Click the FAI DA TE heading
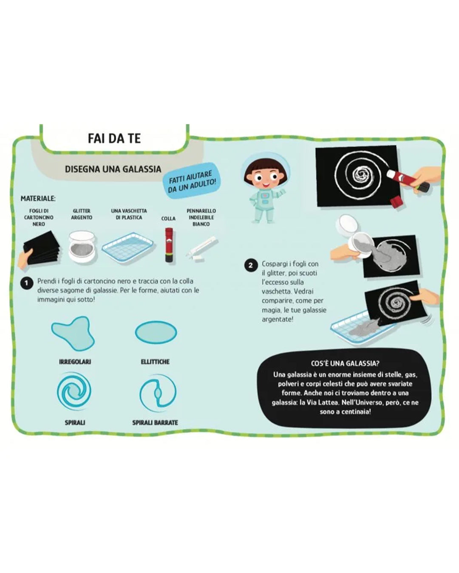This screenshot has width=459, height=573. (x=114, y=138)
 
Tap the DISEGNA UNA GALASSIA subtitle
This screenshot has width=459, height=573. (x=113, y=169)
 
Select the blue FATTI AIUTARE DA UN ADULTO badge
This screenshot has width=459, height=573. (x=192, y=181)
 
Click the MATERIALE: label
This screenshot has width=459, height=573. (x=38, y=198)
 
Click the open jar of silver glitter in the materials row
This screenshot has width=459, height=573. (x=82, y=246)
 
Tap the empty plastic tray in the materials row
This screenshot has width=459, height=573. (x=128, y=248)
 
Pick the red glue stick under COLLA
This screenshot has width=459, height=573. (x=169, y=245)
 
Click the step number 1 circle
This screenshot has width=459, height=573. (x=26, y=283)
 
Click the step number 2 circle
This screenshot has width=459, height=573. (x=250, y=265)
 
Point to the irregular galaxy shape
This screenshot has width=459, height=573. (x=73, y=333)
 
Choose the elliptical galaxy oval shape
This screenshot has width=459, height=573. (x=156, y=332)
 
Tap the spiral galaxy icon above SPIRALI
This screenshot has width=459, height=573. (x=74, y=391)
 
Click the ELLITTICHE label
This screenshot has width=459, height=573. (x=155, y=362)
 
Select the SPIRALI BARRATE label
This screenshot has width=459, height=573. (x=155, y=423)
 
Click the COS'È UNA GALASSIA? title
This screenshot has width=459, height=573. (x=345, y=363)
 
